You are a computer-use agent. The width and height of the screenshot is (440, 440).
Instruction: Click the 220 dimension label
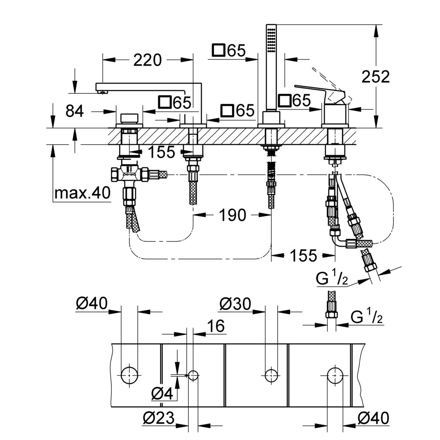pyautogui.click(x=147, y=60)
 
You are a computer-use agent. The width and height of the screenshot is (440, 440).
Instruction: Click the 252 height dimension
pyautogui.click(x=376, y=77)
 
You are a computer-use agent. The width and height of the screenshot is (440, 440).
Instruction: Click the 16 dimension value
pyautogui.click(x=215, y=326)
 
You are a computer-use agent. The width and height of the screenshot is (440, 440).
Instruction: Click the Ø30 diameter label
pyautogui.click(x=235, y=304)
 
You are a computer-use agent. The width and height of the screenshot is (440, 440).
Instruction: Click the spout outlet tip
pyautogui.click(x=102, y=92)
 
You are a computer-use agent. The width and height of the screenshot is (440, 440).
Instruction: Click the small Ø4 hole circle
pyautogui.click(x=193, y=375)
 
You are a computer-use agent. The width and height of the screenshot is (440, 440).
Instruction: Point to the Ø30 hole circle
pyautogui.click(x=271, y=375)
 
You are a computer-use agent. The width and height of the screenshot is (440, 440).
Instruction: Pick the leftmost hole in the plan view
pyautogui.click(x=130, y=375)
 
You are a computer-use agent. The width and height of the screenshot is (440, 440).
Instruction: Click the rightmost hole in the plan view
pyautogui.click(x=335, y=375)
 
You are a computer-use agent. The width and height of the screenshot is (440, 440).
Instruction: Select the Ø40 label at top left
pyautogui.click(x=92, y=304)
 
